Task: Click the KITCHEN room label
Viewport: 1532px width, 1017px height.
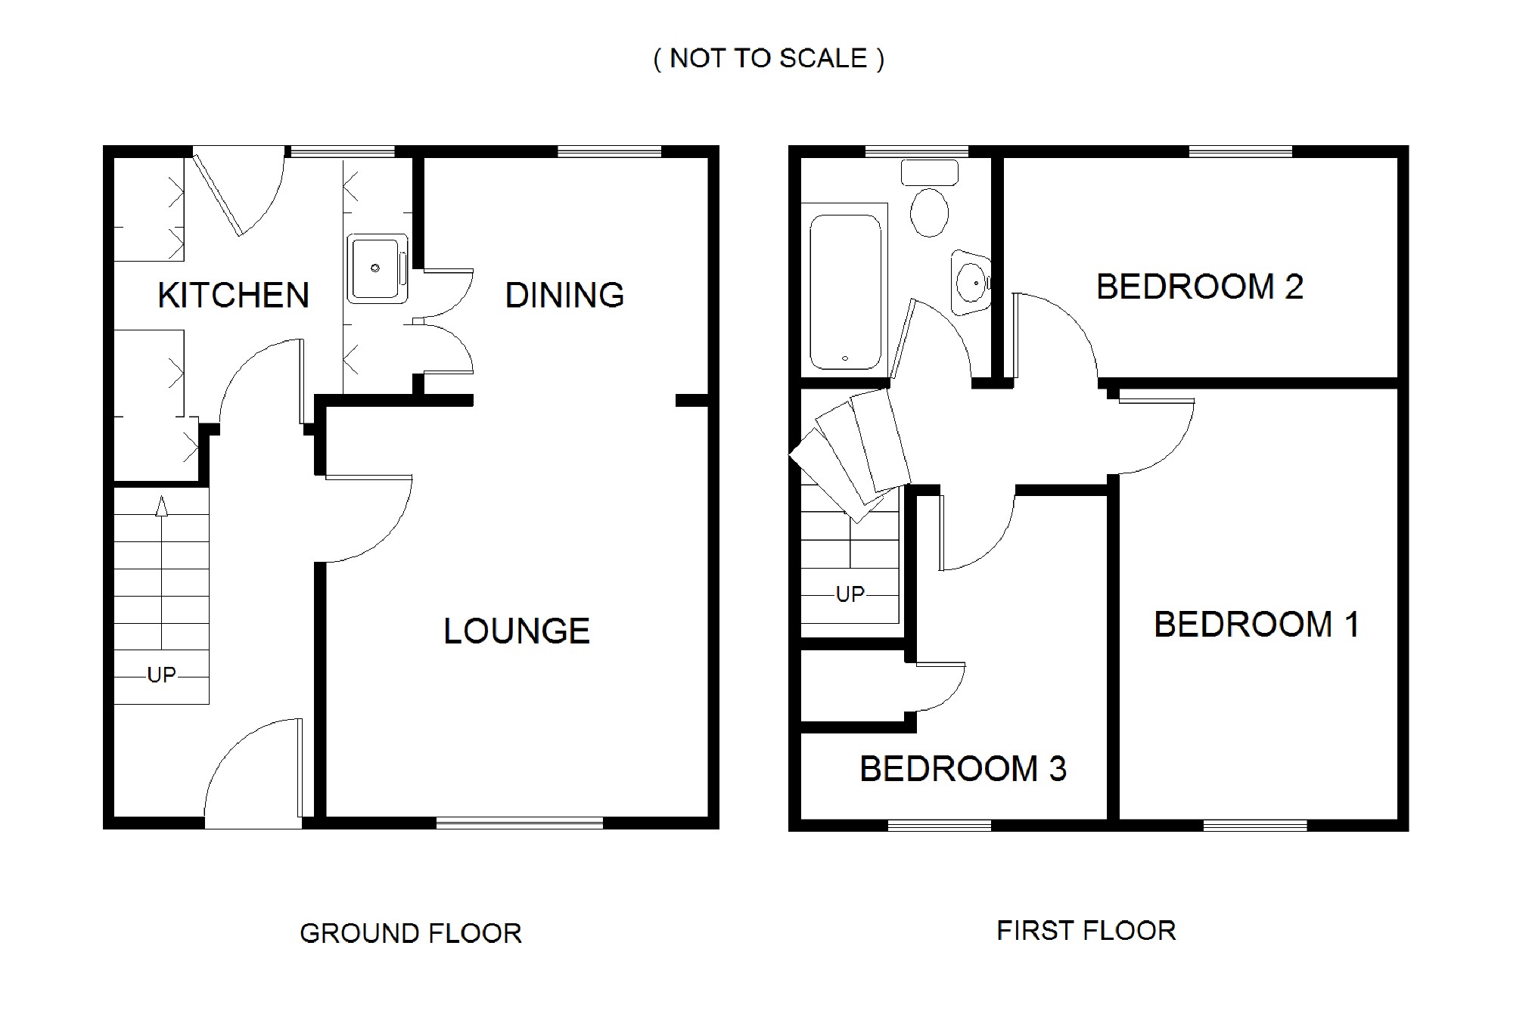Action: (234, 295)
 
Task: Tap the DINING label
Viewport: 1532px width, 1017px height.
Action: (565, 295)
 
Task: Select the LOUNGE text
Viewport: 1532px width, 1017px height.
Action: (517, 631)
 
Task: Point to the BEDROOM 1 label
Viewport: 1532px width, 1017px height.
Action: (1257, 625)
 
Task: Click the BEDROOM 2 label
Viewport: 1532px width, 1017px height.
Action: (1200, 287)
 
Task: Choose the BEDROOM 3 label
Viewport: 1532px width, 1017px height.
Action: (963, 769)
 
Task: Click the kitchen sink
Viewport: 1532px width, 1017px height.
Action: (378, 268)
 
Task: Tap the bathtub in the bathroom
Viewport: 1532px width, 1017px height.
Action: (845, 291)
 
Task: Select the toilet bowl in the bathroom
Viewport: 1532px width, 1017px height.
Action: (930, 212)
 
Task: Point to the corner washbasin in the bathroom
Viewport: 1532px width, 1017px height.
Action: (971, 282)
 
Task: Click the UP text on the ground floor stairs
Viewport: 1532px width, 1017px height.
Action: (161, 674)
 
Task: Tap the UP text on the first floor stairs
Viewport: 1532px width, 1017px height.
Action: (850, 594)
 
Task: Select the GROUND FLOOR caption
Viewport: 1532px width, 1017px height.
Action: (411, 934)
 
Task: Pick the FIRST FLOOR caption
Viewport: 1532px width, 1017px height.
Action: (1086, 931)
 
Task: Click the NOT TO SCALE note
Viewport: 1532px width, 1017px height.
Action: (769, 58)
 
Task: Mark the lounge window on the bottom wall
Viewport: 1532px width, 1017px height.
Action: (520, 823)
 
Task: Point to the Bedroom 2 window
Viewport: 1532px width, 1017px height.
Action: (1241, 151)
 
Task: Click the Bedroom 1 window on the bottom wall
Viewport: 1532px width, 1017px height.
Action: (1255, 826)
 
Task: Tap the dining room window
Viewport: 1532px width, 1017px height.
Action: (610, 151)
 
